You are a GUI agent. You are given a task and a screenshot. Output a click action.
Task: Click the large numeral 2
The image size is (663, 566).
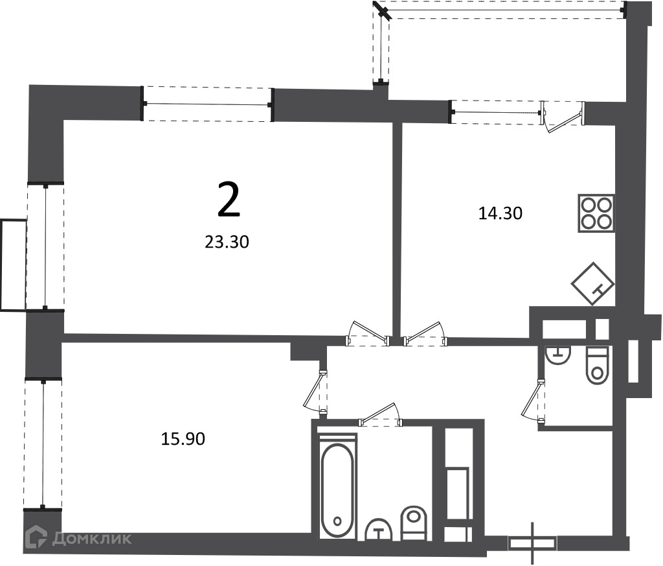tap(229, 199)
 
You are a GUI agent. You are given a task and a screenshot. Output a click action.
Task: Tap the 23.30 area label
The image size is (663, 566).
tap(227, 242)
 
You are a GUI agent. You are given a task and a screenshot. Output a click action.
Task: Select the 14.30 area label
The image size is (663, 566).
tap(500, 213)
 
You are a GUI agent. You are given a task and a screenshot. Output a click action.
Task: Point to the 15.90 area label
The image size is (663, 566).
tap(183, 438)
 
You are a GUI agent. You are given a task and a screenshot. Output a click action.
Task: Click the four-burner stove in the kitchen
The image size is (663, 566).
tap(596, 213)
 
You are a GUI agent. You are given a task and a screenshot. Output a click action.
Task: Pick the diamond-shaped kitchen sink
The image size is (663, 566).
tap(593, 283)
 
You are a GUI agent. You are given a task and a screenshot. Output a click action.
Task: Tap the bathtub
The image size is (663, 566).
tap(337, 491)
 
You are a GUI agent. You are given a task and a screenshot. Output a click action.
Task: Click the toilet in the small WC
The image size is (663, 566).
tap(596, 365)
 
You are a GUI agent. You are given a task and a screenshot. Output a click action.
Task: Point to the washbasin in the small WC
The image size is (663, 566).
tap(557, 355)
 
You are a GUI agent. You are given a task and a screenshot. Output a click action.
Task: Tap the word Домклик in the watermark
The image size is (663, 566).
tap(92, 539)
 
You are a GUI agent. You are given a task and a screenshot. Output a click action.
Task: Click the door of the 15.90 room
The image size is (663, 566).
tap(315, 392)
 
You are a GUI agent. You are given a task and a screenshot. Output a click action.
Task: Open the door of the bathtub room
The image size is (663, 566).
tap(380, 414)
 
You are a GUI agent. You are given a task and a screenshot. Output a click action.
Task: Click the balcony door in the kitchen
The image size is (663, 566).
tap(563, 117)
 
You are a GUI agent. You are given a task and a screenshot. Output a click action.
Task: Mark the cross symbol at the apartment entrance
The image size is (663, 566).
tap(532, 543)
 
